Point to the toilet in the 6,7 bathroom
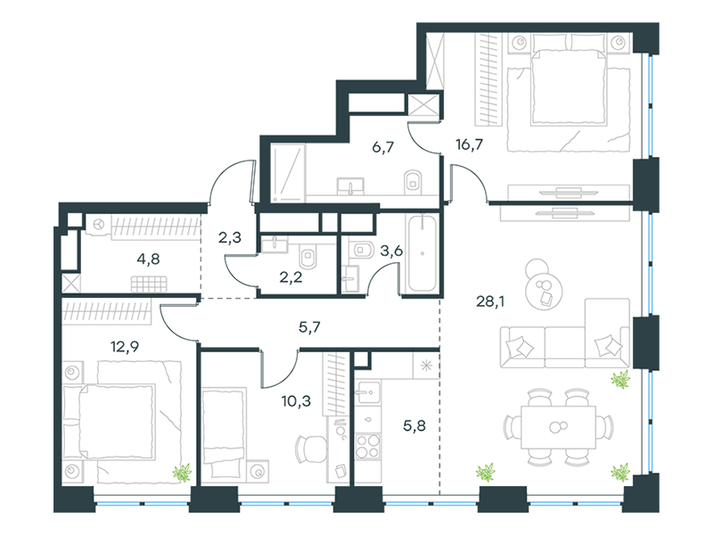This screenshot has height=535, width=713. click(x=410, y=181)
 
